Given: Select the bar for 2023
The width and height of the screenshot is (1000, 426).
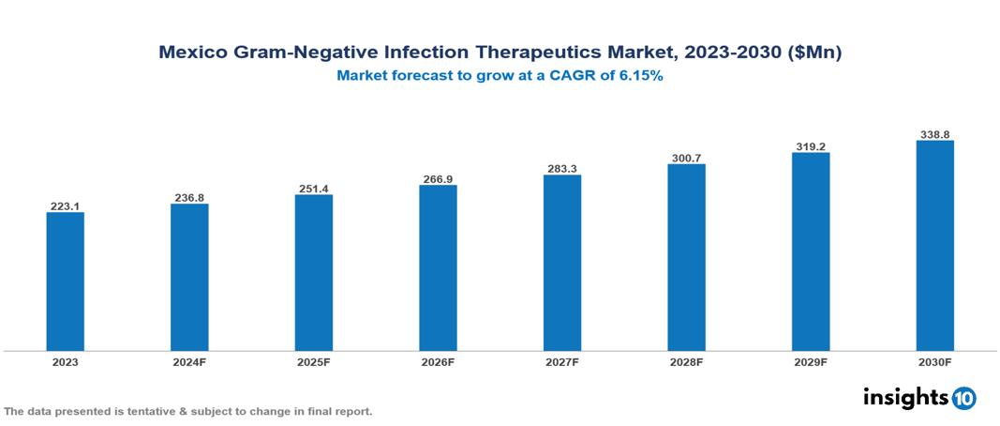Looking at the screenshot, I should click(66, 281).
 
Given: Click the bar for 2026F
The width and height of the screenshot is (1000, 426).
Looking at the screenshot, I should click(438, 267).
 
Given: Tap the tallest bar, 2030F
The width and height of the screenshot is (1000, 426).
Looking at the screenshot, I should click(934, 246).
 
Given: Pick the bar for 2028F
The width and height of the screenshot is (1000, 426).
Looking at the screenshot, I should click(686, 257).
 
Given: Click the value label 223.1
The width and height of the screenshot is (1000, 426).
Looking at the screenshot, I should click(66, 205).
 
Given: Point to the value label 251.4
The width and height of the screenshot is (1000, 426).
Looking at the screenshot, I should click(314, 188).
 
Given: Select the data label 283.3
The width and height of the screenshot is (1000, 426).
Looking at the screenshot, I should click(562, 169).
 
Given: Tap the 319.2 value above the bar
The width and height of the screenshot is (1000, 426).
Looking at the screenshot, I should click(811, 146).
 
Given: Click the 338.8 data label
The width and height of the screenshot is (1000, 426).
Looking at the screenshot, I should click(934, 134).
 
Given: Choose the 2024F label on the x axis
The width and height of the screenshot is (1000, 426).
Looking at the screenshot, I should click(189, 361).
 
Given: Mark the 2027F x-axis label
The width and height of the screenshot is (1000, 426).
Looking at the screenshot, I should click(562, 361).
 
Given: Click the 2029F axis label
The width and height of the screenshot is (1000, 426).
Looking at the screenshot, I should click(811, 361).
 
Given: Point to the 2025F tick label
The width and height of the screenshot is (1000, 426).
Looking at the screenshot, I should click(314, 361).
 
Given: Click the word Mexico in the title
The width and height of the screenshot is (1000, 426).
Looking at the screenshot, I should click(190, 53).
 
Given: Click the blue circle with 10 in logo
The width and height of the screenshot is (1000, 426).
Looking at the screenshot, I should click(963, 398).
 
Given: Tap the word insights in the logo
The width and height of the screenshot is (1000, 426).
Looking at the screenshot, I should click(905, 397).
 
